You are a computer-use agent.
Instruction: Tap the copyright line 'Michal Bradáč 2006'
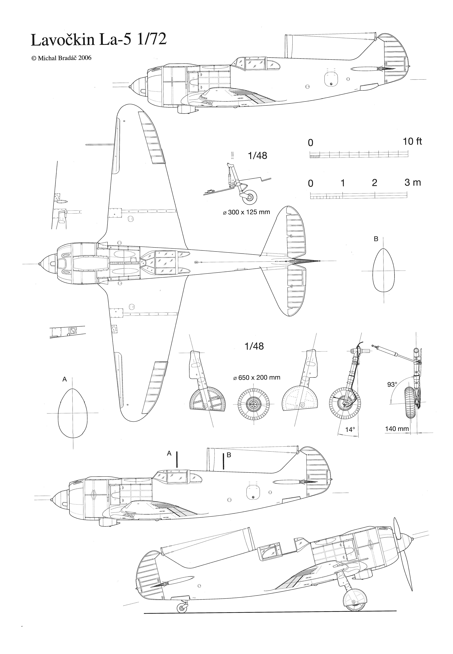coord(61,58)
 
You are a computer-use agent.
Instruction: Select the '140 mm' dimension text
coord(397,429)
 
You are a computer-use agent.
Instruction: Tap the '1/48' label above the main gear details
coord(254,346)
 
